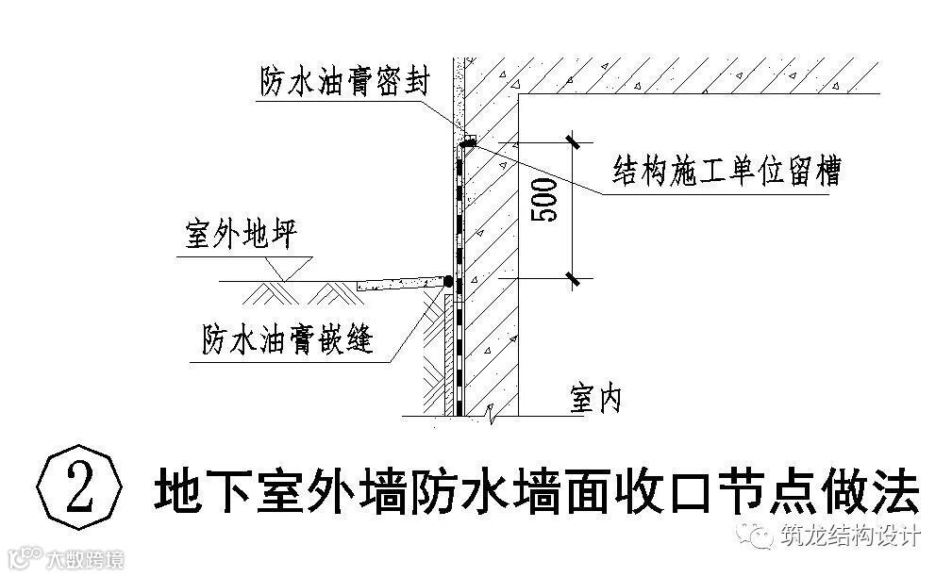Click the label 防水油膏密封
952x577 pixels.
(345, 82)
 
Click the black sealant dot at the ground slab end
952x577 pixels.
(448, 281)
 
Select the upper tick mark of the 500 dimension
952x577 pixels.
(572, 141)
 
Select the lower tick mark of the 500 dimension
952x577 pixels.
(572, 278)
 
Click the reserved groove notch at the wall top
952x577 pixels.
(469, 141)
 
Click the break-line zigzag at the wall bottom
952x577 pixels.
(490, 413)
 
